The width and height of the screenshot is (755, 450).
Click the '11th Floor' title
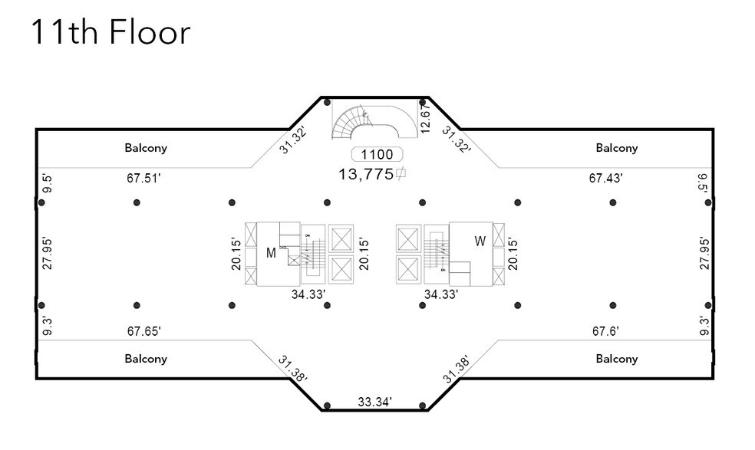110,33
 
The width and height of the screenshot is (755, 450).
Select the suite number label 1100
377,154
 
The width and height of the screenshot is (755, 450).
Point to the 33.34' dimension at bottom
375,402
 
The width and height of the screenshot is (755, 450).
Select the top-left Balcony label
146,148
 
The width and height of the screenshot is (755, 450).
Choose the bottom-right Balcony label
616,359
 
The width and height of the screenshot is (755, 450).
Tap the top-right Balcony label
616,148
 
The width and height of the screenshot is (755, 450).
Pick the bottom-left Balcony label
146,359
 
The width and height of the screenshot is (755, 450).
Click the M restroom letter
271,254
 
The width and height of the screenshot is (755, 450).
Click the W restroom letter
480,241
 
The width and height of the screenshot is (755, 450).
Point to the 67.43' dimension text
605,178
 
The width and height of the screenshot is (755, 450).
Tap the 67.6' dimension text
605,331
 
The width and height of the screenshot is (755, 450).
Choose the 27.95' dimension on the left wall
48,253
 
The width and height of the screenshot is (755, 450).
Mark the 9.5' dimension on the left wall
48,184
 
